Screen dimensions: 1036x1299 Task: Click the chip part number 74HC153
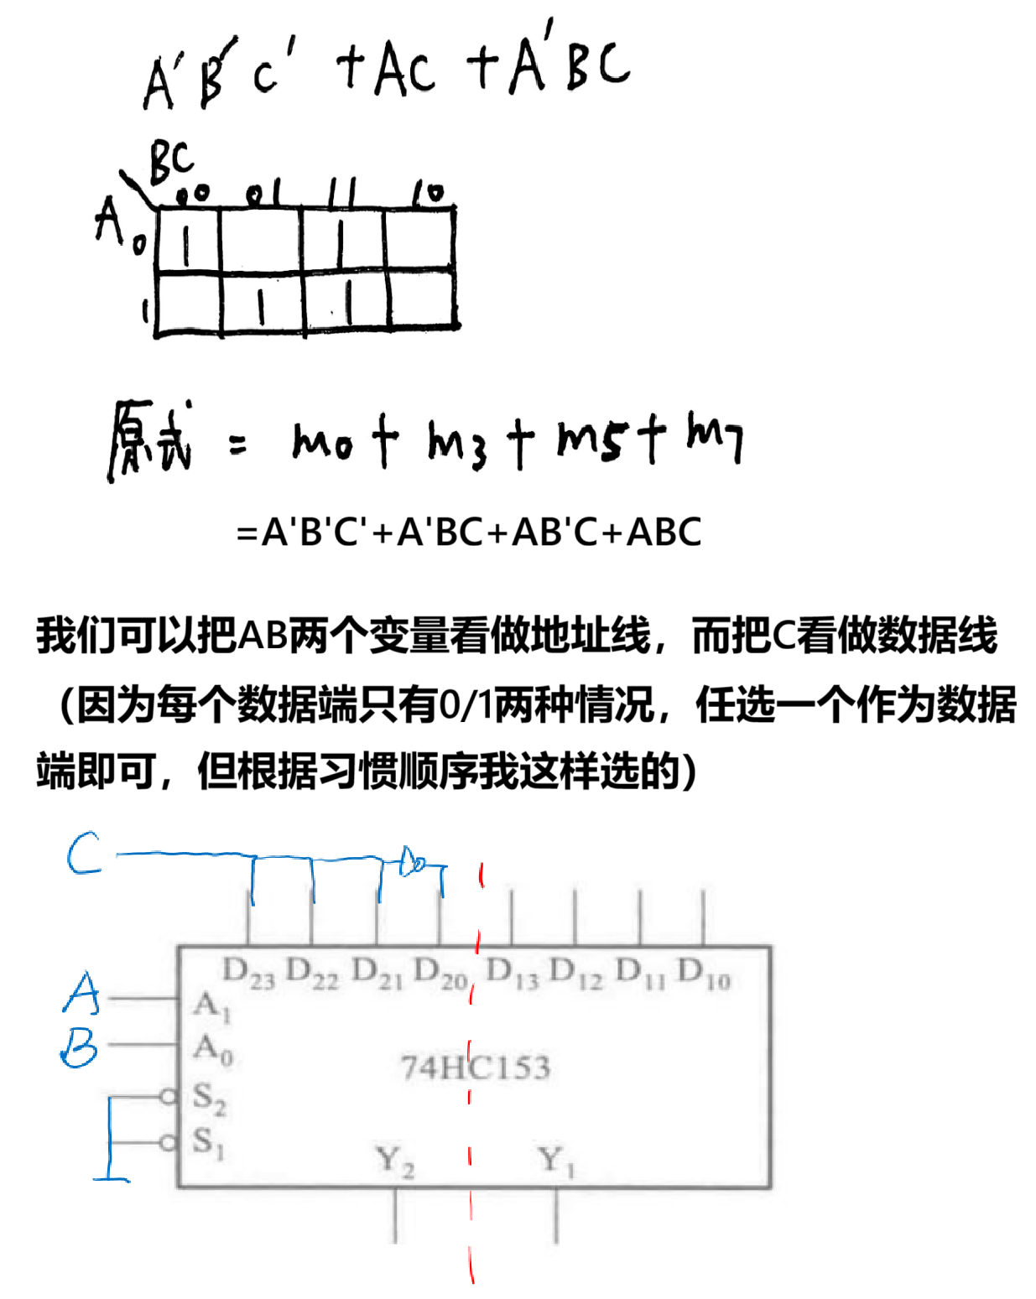click(x=473, y=1068)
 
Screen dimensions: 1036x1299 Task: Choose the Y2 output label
click(x=393, y=1161)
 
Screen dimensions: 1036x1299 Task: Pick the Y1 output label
click(x=557, y=1161)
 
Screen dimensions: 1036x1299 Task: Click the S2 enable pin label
click(x=210, y=1096)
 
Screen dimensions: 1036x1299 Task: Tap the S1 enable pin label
click(x=210, y=1141)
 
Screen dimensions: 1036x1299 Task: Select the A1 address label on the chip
click(x=209, y=1004)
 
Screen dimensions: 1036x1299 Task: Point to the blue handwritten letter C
click(x=86, y=855)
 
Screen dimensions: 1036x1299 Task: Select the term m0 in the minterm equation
click(x=315, y=442)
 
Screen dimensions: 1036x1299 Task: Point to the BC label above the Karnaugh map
click(x=172, y=161)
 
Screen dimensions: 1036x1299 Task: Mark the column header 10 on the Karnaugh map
click(x=432, y=195)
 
